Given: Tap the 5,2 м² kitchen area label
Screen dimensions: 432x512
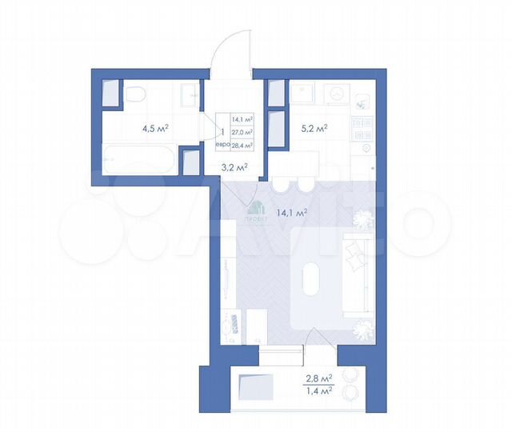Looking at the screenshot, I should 314,126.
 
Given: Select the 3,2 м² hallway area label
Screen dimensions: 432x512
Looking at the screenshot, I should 234,167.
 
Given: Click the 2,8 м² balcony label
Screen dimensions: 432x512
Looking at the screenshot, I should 318,378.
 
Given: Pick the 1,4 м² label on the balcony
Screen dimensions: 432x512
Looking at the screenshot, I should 318,391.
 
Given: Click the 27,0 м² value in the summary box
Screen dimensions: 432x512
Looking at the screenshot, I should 242,132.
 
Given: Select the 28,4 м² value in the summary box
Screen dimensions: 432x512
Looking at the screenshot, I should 242,146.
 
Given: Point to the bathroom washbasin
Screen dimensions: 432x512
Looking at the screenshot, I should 189,94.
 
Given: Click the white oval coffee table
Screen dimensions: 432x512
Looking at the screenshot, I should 313,283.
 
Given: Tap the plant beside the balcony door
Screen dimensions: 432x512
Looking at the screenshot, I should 362,326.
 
